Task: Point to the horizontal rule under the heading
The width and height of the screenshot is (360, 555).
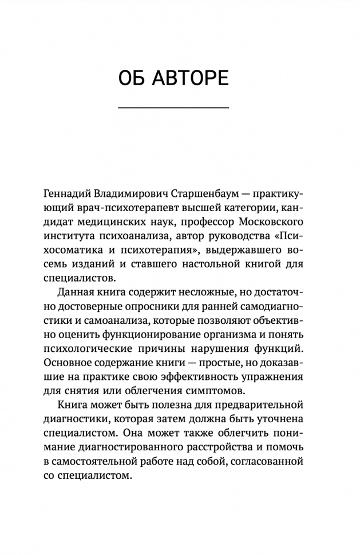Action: tap(173, 108)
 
